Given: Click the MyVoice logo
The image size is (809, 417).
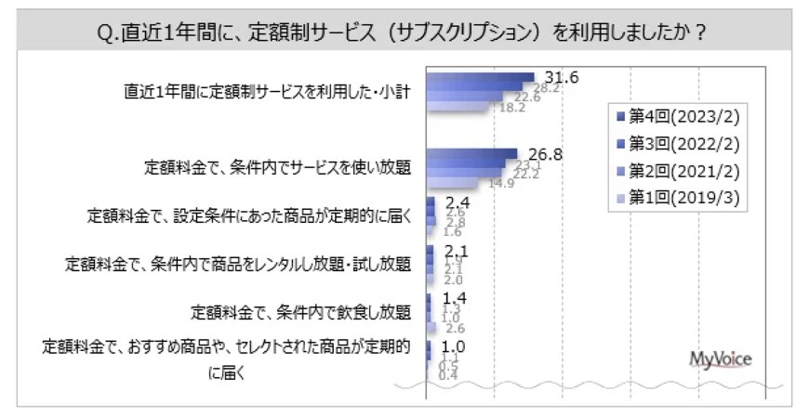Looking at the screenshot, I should click(x=721, y=359).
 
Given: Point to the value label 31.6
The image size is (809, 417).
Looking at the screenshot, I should click(x=564, y=78).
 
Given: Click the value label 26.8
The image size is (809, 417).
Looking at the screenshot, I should click(x=545, y=154).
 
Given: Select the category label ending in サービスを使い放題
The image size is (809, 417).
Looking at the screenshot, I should click(x=277, y=168).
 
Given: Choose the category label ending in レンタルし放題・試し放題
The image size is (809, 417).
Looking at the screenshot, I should click(x=238, y=264).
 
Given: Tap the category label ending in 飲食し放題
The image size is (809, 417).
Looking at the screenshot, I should click(x=300, y=311).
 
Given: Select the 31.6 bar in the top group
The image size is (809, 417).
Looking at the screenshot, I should click(x=480, y=77).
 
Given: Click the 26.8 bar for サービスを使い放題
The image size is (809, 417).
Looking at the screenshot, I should click(x=471, y=153).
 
